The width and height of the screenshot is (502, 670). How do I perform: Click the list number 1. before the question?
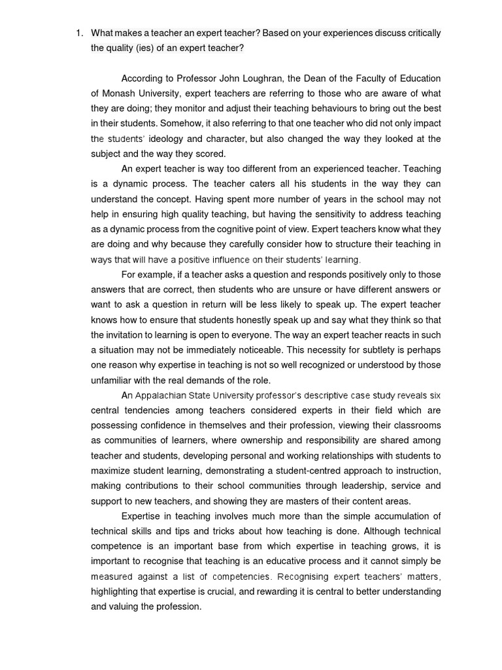pyautogui.click(x=78, y=33)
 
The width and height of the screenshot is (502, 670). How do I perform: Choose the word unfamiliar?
pyautogui.click(x=112, y=380)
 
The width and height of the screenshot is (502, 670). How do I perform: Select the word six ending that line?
pyautogui.click(x=435, y=395)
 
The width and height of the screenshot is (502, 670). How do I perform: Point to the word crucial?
pyautogui.click(x=271, y=591)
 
